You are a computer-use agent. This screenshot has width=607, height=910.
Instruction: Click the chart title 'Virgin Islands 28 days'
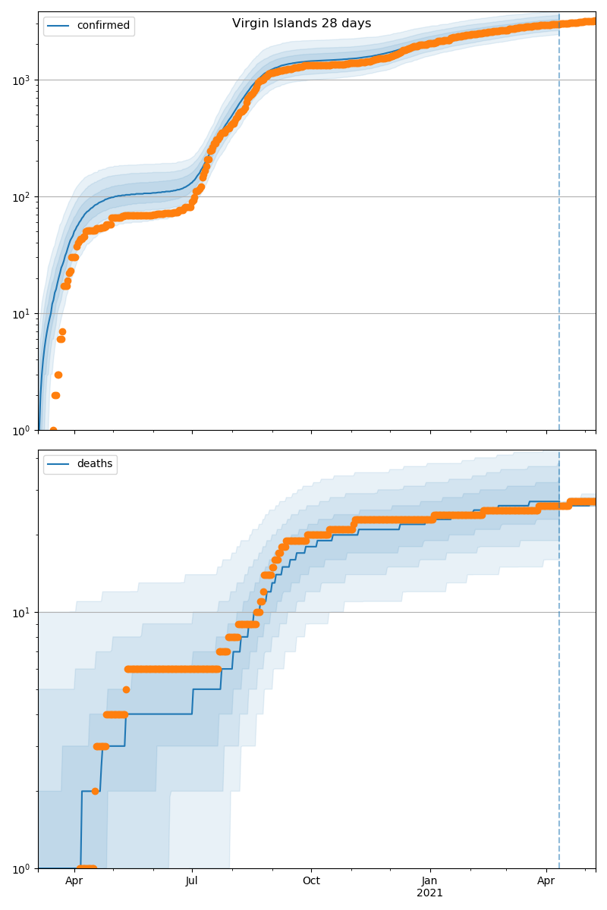(301, 24)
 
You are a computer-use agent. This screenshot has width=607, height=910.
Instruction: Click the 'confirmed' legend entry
(103, 26)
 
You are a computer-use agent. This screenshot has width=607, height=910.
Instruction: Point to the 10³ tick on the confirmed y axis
(22, 80)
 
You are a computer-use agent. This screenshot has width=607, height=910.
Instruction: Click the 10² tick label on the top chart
(22, 196)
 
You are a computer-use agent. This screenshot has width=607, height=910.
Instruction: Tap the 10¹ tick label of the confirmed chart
(22, 313)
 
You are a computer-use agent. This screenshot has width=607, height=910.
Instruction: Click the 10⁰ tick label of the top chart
(22, 430)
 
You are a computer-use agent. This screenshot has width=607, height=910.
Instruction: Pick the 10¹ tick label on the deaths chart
(22, 612)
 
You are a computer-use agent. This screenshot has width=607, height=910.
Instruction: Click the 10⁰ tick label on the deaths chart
(22, 868)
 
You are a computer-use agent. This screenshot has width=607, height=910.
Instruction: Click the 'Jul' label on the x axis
(192, 881)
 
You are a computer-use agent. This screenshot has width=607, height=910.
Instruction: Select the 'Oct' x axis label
(311, 881)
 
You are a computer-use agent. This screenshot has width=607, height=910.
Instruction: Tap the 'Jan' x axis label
(429, 881)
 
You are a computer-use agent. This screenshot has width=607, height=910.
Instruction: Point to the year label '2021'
(429, 893)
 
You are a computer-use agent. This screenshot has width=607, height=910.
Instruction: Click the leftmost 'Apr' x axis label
(74, 881)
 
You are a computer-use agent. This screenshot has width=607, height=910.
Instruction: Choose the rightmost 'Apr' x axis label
(546, 881)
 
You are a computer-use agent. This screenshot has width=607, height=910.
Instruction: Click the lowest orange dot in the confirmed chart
(53, 430)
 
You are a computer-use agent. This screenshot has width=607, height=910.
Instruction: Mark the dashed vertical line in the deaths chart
(559, 682)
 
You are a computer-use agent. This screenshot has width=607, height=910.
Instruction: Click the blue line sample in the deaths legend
(59, 464)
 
